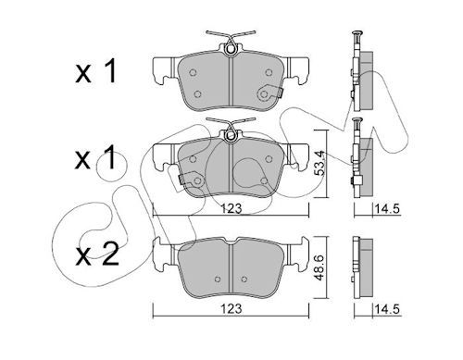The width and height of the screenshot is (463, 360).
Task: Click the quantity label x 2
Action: pyautogui.click(x=97, y=254)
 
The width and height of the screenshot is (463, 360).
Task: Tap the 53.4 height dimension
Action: pyautogui.click(x=320, y=163)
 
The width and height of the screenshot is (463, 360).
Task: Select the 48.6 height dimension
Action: pyautogui.click(x=319, y=267)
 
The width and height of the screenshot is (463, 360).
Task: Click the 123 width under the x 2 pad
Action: pyautogui.click(x=231, y=308)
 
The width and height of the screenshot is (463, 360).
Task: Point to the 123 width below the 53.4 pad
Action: pyautogui.click(x=231, y=209)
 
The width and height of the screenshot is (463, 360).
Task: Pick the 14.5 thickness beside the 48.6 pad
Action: pyautogui.click(x=387, y=309)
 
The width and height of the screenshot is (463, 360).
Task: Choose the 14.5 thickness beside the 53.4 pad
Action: pyautogui.click(x=387, y=209)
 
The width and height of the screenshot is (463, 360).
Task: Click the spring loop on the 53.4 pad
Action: pyautogui.click(x=230, y=135)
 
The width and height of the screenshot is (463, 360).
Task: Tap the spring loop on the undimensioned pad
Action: pyautogui.click(x=230, y=49)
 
